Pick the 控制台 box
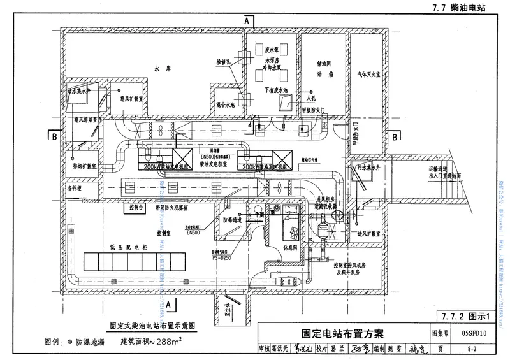(x=137, y=208)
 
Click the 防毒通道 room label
(x=233, y=220)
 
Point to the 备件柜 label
(x=76, y=189)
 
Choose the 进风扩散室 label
(x=369, y=234)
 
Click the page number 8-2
(x=472, y=349)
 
